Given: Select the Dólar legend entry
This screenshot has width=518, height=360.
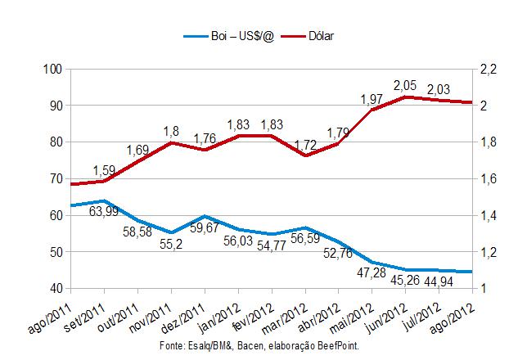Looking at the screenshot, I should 322,36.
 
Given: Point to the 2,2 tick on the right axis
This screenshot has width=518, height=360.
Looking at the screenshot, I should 488,69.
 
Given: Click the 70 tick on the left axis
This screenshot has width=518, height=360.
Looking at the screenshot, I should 56,178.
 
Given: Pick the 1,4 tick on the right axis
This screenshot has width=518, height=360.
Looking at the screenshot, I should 488,215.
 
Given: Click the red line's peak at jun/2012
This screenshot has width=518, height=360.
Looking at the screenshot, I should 406,97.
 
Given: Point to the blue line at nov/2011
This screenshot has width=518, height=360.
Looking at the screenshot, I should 171,232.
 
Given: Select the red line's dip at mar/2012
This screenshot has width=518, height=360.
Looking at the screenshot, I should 305,155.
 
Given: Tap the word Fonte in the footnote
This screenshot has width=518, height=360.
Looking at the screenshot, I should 171,347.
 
